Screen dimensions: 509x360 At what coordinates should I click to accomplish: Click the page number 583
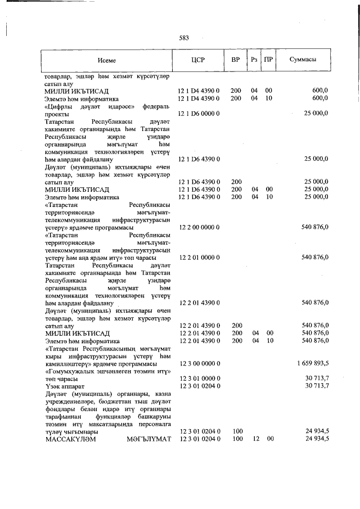tap(183, 38)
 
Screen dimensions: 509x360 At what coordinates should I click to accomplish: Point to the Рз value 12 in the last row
tap(254, 439)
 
